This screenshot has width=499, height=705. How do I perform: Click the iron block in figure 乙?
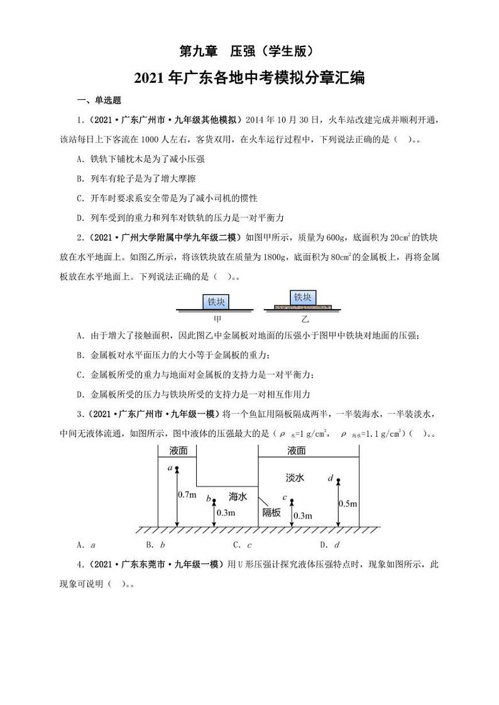[302, 298]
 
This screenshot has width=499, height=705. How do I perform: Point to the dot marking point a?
[177, 469]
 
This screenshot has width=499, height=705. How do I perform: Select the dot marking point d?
[338, 481]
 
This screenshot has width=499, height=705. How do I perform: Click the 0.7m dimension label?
[187, 495]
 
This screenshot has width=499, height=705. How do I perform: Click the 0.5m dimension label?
[348, 503]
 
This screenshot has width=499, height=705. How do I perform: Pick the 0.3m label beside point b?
[225, 513]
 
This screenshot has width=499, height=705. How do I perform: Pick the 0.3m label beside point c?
[302, 515]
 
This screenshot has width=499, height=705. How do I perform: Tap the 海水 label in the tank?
[238, 496]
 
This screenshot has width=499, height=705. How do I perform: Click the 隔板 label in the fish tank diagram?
[271, 512]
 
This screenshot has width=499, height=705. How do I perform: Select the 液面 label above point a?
[178, 451]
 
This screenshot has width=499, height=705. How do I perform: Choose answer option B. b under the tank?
[155, 545]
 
